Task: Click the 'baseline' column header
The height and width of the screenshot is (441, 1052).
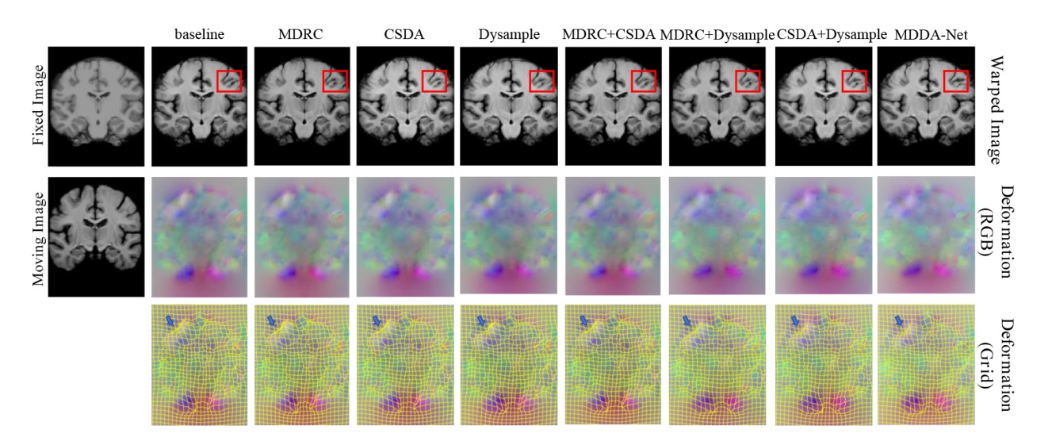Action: (x=199, y=34)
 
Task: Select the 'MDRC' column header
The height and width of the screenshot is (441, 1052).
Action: (x=300, y=34)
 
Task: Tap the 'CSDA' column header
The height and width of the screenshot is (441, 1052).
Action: (x=404, y=34)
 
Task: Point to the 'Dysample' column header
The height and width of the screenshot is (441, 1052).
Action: (x=509, y=35)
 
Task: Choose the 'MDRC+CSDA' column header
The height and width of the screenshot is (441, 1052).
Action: (x=609, y=34)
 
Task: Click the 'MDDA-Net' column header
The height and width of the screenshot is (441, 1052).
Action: (x=931, y=35)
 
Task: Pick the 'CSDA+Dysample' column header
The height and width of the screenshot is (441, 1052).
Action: (x=832, y=35)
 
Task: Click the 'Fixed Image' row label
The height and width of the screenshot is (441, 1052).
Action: (x=38, y=105)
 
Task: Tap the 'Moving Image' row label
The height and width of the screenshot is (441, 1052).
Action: (x=38, y=239)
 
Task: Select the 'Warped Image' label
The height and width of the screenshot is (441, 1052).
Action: (x=995, y=110)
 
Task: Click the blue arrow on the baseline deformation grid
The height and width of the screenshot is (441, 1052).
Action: (x=170, y=320)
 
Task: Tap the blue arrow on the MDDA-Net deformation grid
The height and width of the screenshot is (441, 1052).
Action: (x=899, y=320)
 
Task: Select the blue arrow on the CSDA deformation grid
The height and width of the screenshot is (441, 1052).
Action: (x=377, y=320)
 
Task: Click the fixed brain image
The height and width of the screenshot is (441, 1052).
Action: (x=96, y=106)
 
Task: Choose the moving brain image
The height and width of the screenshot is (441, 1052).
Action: (x=96, y=236)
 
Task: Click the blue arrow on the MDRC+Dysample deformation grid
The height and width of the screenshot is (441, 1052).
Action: (x=687, y=320)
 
